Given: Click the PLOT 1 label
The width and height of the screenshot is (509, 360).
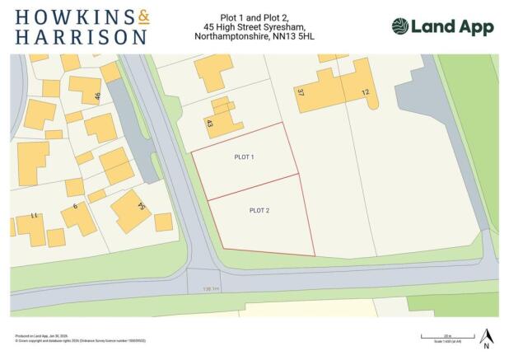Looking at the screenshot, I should [245, 157].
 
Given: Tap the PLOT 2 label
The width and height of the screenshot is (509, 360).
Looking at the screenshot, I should [259, 211].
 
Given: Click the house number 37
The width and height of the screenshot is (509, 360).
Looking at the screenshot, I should [301, 94].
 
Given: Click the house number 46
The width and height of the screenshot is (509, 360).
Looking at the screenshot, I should [97, 96].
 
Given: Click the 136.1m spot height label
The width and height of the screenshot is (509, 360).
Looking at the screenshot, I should [212, 288].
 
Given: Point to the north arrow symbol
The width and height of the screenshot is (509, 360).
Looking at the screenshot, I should [486, 339].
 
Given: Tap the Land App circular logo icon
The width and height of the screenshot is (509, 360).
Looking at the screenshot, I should [400, 26].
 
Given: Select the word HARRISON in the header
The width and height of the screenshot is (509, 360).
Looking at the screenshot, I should [81, 37].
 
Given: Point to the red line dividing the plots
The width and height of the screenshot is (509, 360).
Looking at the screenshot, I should [252, 187].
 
